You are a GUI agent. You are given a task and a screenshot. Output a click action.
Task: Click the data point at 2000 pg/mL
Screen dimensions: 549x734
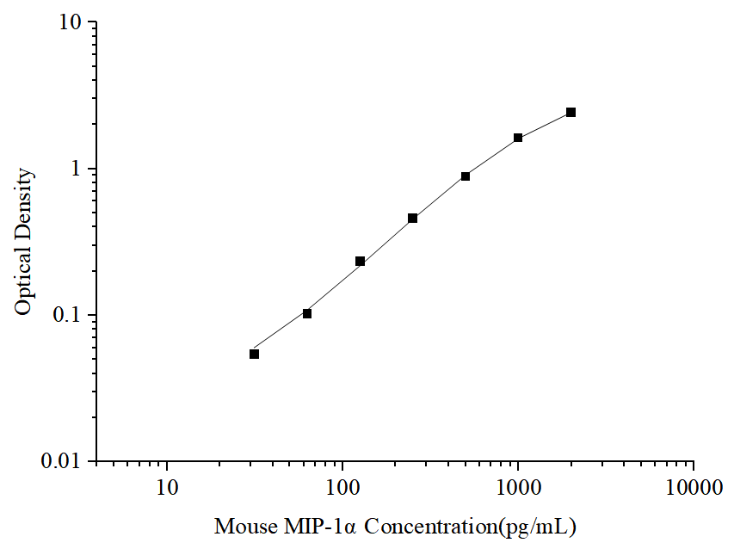[x=571, y=113]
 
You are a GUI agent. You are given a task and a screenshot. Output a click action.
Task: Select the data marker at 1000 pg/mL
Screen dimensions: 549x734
[x=518, y=138]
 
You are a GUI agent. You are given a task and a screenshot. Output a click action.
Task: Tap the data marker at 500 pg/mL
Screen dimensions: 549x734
[x=466, y=176]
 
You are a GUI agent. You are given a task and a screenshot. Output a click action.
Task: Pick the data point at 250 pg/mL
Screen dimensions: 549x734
[x=413, y=219]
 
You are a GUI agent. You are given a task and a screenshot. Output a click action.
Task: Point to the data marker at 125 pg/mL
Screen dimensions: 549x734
[x=360, y=262]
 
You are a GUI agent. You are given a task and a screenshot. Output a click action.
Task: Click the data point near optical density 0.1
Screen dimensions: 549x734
[x=307, y=313]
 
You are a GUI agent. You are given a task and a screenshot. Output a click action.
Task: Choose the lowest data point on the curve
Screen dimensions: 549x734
[x=255, y=354]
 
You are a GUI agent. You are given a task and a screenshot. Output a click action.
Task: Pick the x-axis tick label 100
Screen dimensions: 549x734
[x=342, y=489]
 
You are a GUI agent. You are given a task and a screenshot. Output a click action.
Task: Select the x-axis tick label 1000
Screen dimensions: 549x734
[x=518, y=489]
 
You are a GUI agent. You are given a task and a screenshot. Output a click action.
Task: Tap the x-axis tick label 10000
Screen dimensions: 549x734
[x=694, y=489]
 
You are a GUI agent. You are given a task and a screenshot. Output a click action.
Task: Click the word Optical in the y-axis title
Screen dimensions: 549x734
[x=25, y=280]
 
